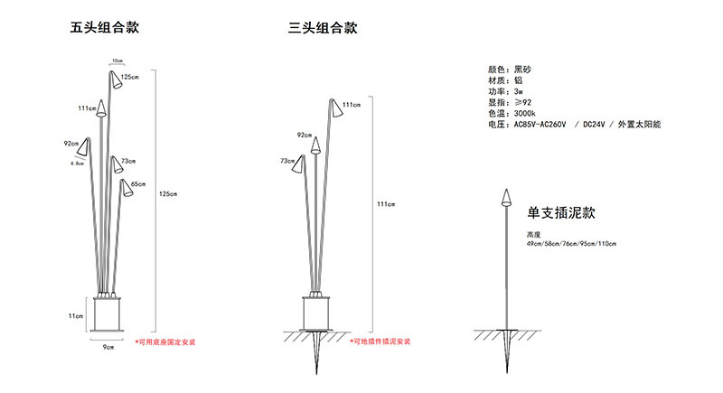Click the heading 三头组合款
[323, 27]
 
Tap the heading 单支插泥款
[560, 213]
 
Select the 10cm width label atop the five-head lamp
[117, 61]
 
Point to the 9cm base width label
[107, 347]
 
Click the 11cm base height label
[76, 315]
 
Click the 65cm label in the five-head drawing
[137, 184]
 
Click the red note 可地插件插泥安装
[380, 342]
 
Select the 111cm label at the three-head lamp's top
[351, 105]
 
